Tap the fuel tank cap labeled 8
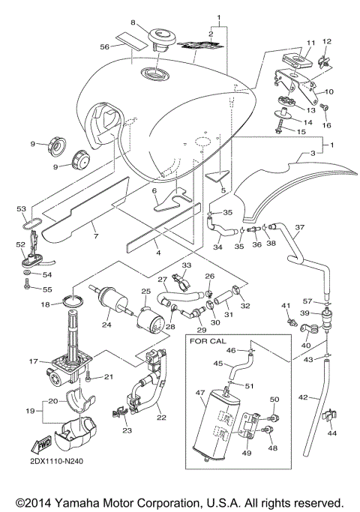pyautogui.click(x=159, y=37)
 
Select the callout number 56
pyautogui.click(x=106, y=46)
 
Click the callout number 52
pyautogui.click(x=21, y=244)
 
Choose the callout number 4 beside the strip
pyautogui.click(x=157, y=253)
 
